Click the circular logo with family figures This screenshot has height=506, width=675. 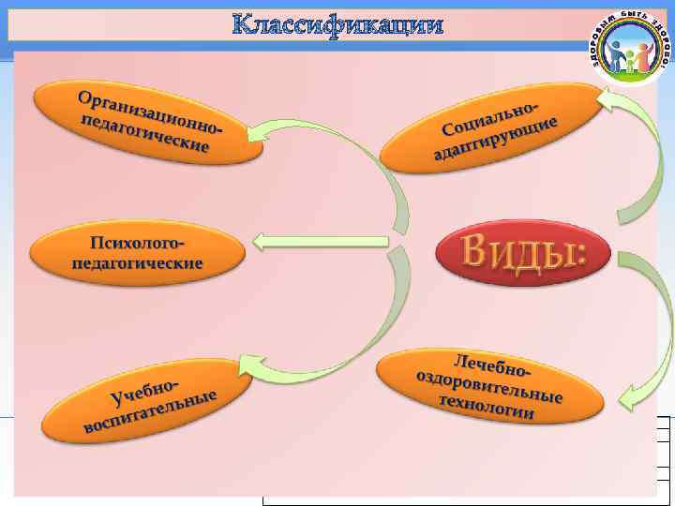pos(630,48)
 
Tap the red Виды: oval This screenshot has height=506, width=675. pos(523,252)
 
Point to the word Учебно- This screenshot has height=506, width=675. pos(144,389)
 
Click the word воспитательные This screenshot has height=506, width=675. pos(151,413)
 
